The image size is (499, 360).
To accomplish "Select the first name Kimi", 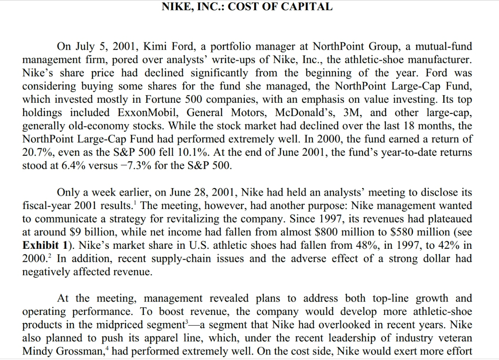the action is [x=154, y=46].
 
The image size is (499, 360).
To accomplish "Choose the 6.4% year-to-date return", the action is [x=73, y=166].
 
